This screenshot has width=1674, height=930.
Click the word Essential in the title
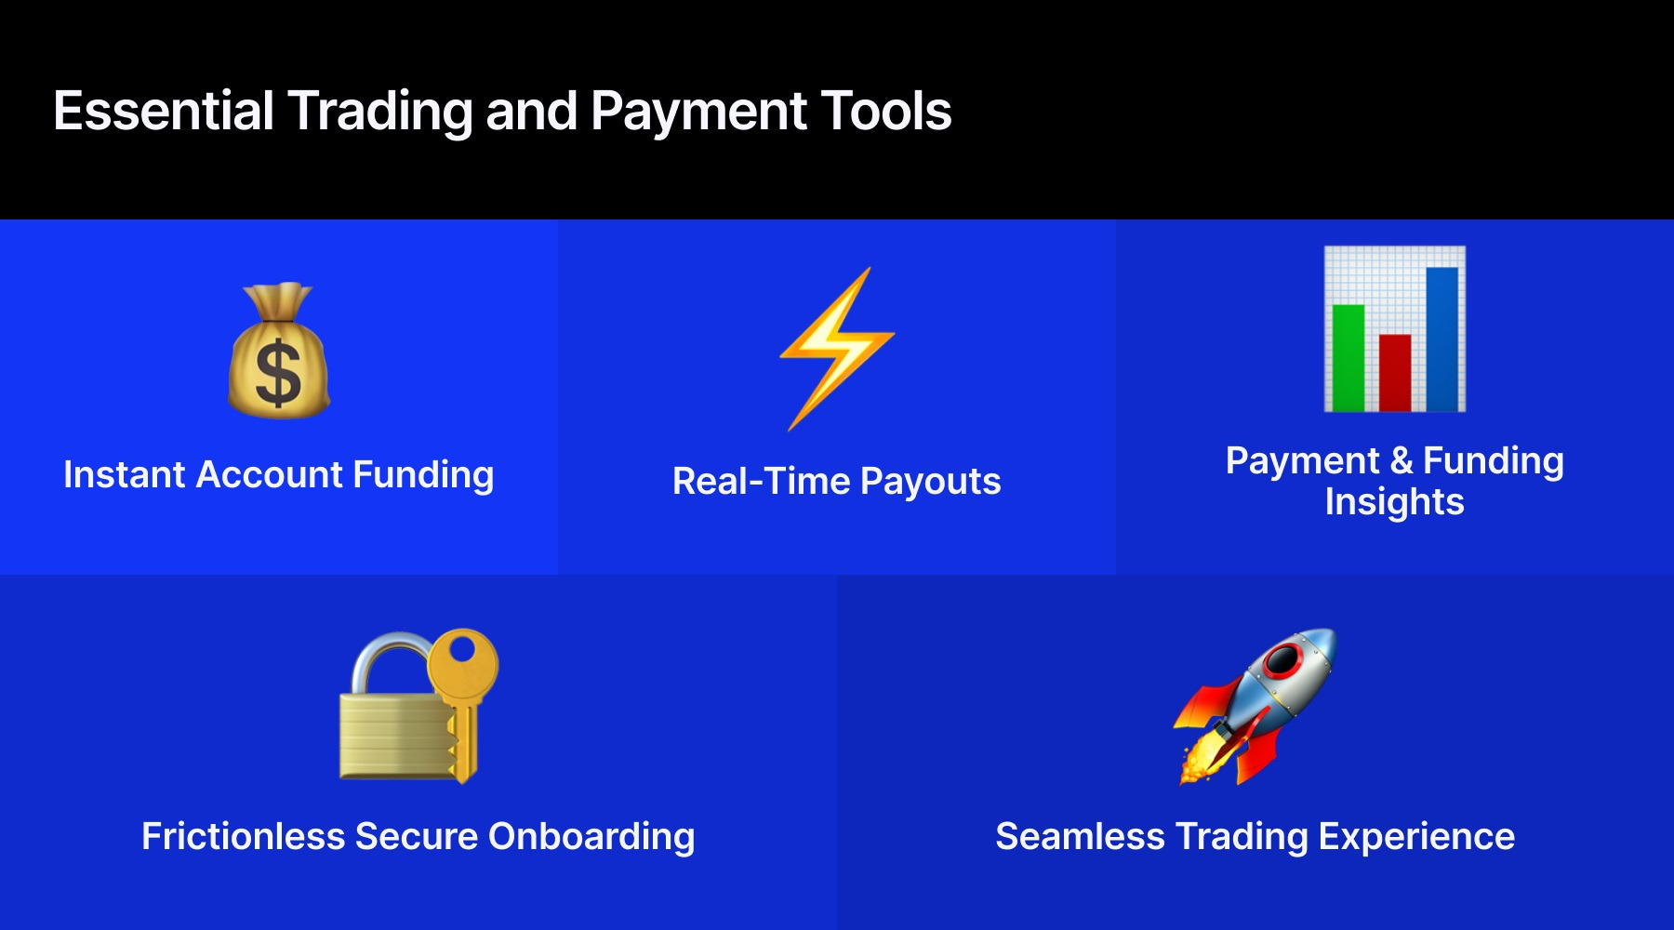[x=164, y=111]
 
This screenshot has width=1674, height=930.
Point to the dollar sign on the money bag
[x=278, y=374]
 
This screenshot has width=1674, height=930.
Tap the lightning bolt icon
[x=837, y=348]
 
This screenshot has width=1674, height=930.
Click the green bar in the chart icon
[x=1348, y=357]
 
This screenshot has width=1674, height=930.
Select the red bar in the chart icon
[x=1395, y=372]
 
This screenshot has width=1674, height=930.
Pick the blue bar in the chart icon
[x=1441, y=339]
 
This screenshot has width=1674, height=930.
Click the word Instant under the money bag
[x=125, y=474]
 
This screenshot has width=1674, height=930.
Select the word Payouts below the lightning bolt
[x=930, y=482]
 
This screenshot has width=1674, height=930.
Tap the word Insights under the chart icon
[x=1394, y=502]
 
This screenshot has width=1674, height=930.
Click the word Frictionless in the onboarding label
[x=244, y=836]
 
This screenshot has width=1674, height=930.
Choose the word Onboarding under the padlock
[x=591, y=837]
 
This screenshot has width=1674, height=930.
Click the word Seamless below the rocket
[x=1080, y=836]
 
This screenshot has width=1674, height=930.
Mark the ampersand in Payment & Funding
[x=1402, y=461]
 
